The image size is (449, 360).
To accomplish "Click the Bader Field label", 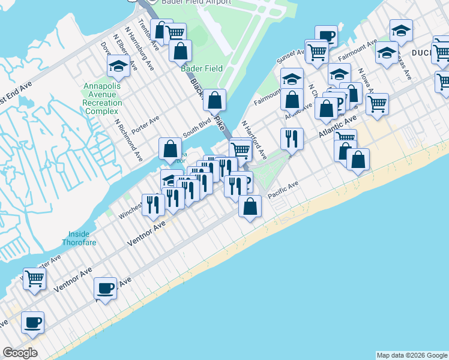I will pos(202,68).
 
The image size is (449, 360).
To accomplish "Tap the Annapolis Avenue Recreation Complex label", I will pos(103,98).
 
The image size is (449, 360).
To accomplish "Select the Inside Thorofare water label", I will pos(79,238).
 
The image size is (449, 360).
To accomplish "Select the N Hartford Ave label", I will pos(255,140).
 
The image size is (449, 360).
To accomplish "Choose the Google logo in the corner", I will pos(20,353).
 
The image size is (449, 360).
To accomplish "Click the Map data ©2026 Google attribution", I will pos(412,355).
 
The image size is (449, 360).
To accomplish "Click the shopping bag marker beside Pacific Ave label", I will pos(250,206).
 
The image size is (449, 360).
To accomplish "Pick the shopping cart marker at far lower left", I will pos(35,278).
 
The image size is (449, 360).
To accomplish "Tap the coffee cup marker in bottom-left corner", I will pos(32,322).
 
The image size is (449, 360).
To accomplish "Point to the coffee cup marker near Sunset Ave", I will pos(327,36).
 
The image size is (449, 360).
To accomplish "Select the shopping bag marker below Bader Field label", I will pos(214,100).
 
